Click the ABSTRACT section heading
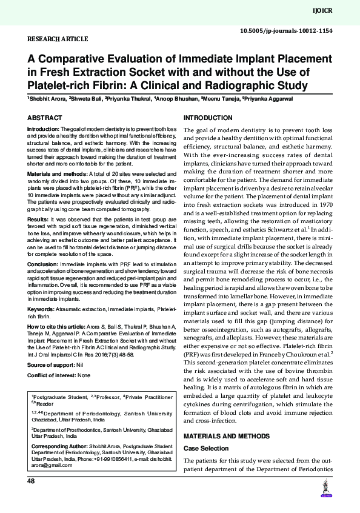[44, 117]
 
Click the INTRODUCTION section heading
[208, 117]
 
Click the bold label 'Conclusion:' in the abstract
[41, 264]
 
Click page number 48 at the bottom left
[32, 481]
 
